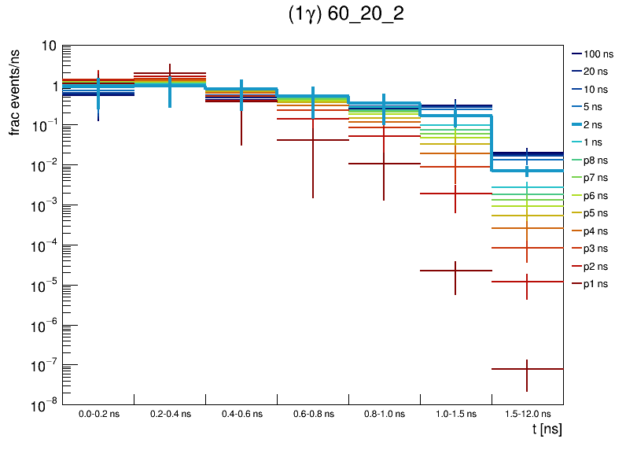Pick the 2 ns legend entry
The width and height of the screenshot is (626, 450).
(595, 124)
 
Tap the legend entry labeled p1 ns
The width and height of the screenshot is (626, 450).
(595, 284)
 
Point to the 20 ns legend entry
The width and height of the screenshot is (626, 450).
(595, 72)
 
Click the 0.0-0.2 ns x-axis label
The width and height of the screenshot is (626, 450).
(99, 414)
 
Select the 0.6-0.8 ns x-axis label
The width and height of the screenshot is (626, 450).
(313, 414)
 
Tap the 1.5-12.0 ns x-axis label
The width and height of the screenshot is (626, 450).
(527, 414)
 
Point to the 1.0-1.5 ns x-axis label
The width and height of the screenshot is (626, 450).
(455, 414)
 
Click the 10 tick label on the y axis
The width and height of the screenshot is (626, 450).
(48, 46)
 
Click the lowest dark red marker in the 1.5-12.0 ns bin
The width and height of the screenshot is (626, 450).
(527, 369)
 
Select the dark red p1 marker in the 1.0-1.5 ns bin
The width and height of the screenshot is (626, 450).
(455, 271)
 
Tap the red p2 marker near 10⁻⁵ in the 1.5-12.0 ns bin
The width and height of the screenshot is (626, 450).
(527, 282)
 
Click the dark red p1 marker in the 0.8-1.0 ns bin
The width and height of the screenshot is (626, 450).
(384, 164)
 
